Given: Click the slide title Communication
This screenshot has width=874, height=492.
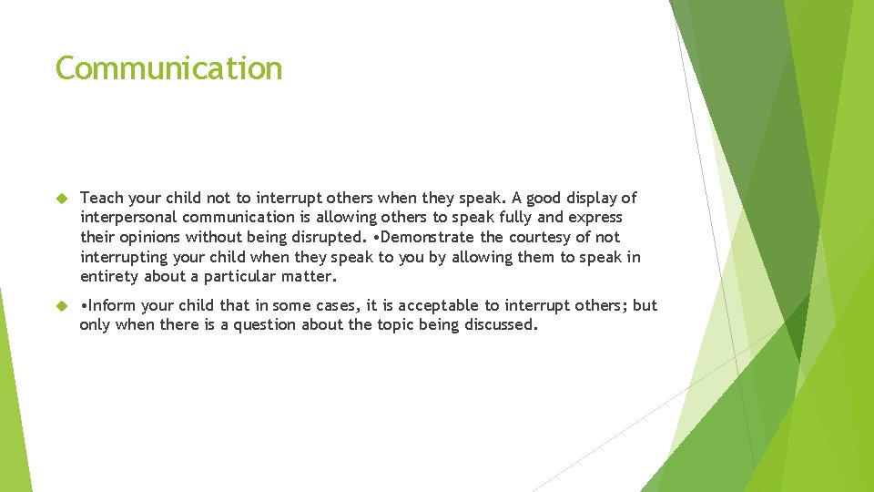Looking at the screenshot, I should click(169, 68).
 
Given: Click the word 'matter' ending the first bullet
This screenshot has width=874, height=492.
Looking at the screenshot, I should click(309, 277).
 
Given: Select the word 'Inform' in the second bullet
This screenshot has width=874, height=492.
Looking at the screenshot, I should click(113, 305).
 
